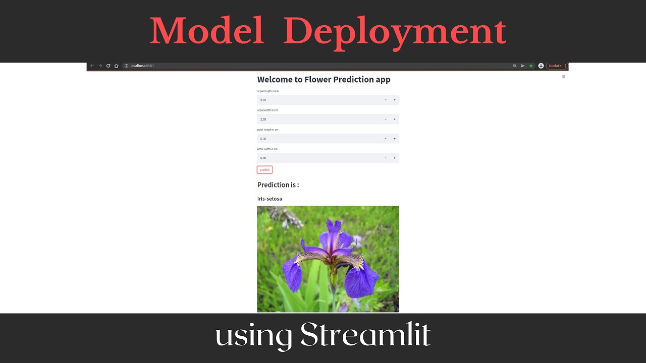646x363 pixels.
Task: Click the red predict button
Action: point(264,170)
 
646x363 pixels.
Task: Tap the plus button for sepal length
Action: point(395,100)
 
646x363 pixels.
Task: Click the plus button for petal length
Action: point(395,139)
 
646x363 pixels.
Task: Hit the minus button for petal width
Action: point(386,158)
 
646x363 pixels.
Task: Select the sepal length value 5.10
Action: point(263,100)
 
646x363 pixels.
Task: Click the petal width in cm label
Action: point(267,149)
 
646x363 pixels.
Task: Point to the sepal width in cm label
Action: point(267,110)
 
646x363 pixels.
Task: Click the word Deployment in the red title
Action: point(395,31)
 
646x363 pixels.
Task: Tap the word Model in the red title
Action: point(207,31)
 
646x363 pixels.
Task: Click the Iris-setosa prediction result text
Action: point(270,199)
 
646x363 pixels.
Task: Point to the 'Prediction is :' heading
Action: point(278,185)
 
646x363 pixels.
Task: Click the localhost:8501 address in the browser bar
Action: point(142,66)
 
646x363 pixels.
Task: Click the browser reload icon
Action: point(108,66)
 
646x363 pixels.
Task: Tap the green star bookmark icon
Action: point(530,66)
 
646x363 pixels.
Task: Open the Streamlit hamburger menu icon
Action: point(564,77)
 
